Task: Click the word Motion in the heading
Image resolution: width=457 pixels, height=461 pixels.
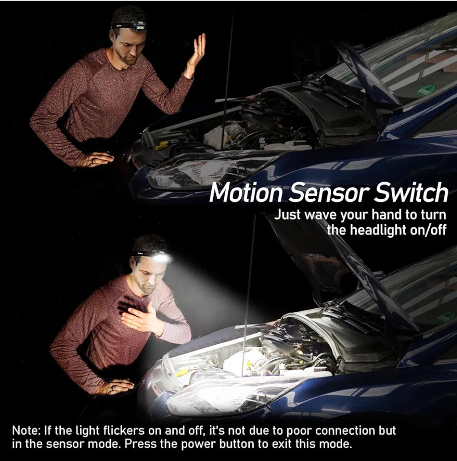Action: point(247,193)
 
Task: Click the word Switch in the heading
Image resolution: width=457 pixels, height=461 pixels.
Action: point(411,192)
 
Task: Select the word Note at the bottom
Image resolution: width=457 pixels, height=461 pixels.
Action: point(26,431)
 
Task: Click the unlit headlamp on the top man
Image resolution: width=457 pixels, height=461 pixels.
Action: point(138,25)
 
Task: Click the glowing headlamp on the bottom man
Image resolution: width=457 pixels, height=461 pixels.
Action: point(161,257)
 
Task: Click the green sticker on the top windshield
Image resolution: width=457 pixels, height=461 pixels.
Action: point(426,91)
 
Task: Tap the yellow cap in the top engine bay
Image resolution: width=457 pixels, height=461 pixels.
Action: point(162,146)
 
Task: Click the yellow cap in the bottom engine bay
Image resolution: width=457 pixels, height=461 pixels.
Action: point(182,373)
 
